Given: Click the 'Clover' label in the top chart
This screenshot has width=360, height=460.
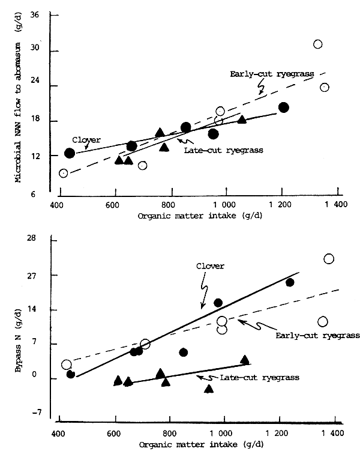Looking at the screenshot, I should coord(86,140).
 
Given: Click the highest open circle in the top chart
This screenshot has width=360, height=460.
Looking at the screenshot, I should coord(318,44).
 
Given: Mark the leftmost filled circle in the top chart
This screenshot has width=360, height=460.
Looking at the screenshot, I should coord(70,153).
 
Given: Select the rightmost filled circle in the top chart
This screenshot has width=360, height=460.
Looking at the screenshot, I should coord(284,107).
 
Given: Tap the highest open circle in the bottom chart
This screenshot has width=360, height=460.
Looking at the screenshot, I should coord(329,259).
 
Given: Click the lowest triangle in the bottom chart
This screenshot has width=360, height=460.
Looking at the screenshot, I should coord(209,389).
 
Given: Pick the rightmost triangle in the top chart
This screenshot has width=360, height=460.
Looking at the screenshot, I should coord(242,119).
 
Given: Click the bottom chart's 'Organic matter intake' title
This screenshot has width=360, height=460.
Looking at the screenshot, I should coord(181,446).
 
